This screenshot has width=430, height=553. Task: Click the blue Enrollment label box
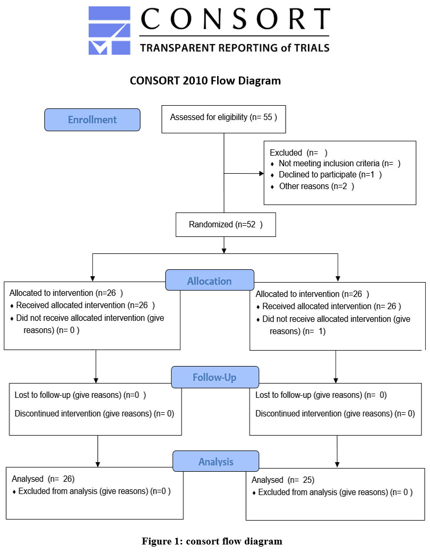(92, 120)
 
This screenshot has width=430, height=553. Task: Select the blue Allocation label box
(210, 280)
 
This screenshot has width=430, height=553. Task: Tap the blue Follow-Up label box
(215, 377)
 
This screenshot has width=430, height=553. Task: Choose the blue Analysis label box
(216, 461)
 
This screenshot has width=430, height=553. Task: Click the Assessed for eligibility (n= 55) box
(223, 119)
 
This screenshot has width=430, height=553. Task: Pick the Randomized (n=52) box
(226, 225)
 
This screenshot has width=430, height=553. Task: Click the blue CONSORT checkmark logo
(109, 30)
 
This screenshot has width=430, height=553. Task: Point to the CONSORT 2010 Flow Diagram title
(205, 81)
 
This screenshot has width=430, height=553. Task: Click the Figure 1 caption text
(212, 541)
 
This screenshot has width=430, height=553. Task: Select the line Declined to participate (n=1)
(330, 175)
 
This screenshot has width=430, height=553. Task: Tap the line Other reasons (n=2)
(316, 186)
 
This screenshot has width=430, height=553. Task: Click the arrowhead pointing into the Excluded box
(262, 174)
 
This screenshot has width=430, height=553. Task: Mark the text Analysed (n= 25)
(282, 480)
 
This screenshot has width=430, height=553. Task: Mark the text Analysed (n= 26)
(43, 479)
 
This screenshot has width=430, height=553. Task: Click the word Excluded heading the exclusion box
(286, 152)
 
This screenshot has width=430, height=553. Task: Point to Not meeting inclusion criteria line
(339, 163)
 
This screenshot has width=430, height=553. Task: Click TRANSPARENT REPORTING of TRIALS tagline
(235, 48)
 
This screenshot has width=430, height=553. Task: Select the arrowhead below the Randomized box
(224, 251)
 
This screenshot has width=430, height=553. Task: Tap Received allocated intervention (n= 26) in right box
(332, 306)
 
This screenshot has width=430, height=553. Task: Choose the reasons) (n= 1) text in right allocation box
(297, 331)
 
